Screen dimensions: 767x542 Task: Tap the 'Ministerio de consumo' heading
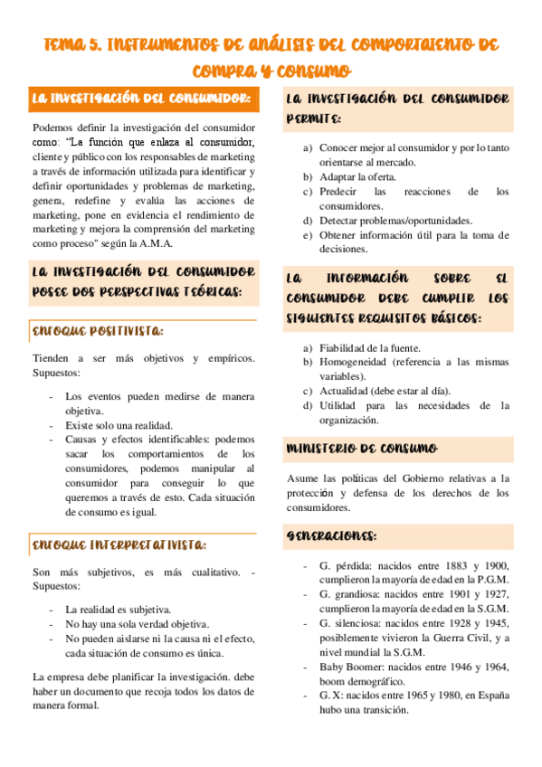pyautogui.click(x=361, y=449)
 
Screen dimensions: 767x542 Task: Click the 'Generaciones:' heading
pyautogui.click(x=331, y=535)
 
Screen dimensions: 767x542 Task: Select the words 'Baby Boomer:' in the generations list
pyautogui.click(x=347, y=667)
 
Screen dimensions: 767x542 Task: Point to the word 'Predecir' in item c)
pyautogui.click(x=339, y=192)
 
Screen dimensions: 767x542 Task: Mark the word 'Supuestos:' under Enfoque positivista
pyautogui.click(x=55, y=373)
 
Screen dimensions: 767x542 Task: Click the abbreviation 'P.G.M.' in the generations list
pyautogui.click(x=490, y=580)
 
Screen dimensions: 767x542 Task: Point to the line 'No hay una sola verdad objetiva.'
pyautogui.click(x=137, y=624)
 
